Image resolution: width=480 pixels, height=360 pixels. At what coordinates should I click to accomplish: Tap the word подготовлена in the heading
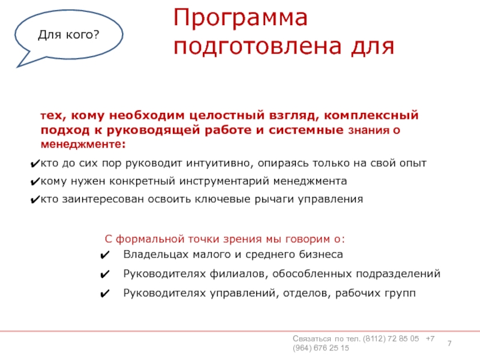pyautogui.click(x=257, y=47)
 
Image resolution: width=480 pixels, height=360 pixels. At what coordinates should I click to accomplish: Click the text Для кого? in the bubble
pyautogui.click(x=68, y=35)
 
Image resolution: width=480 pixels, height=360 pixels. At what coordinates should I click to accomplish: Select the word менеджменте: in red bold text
pyautogui.click(x=83, y=144)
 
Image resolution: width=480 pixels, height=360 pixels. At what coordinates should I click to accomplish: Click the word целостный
pyautogui.click(x=227, y=115)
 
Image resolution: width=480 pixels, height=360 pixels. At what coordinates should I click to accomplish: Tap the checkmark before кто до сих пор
pyautogui.click(x=35, y=164)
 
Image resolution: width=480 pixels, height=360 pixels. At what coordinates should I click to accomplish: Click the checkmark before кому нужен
pyautogui.click(x=35, y=182)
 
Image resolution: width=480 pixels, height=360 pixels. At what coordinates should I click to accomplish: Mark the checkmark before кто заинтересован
pyautogui.click(x=35, y=200)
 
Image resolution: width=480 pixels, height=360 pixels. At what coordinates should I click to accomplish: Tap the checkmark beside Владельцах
pyautogui.click(x=104, y=255)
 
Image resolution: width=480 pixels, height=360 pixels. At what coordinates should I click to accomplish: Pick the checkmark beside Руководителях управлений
pyautogui.click(x=104, y=294)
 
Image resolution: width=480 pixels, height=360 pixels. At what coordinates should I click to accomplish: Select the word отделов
pyautogui.click(x=307, y=293)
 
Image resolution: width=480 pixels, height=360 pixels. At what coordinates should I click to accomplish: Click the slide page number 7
pyautogui.click(x=449, y=343)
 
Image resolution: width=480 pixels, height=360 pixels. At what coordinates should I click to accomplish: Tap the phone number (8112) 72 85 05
pyautogui.click(x=391, y=339)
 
